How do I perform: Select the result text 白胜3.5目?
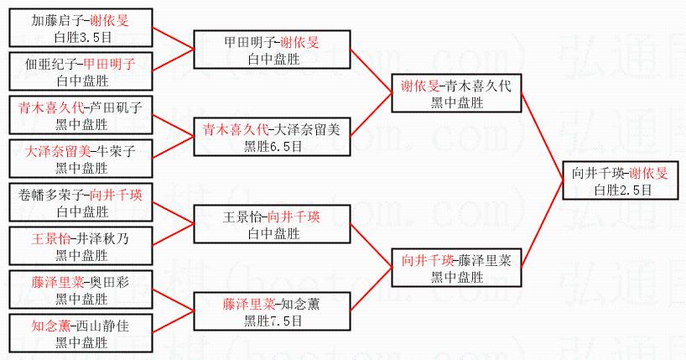click(x=82, y=37)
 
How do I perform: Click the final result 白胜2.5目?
click(x=622, y=190)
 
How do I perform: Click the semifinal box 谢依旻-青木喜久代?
click(x=455, y=94)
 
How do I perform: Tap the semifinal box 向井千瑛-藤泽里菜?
click(x=455, y=267)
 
